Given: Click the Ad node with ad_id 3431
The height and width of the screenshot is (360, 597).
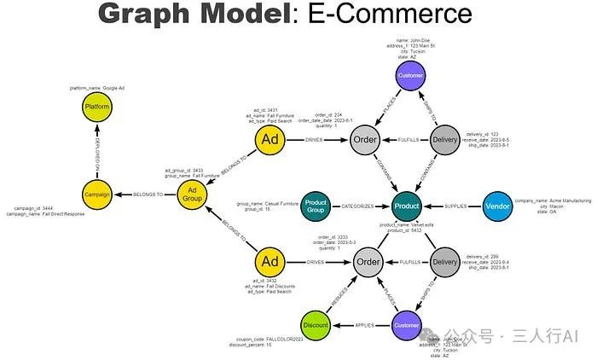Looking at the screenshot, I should click(x=269, y=139).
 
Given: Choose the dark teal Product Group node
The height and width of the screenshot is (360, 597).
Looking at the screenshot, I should click(x=316, y=205).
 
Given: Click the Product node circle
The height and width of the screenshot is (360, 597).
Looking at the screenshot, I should click(x=406, y=205).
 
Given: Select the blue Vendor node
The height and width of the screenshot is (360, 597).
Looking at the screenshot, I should click(x=497, y=205).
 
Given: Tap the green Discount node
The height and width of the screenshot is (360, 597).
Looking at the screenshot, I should click(x=316, y=324).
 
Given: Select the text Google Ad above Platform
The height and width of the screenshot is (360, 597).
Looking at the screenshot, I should click(x=131, y=88).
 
